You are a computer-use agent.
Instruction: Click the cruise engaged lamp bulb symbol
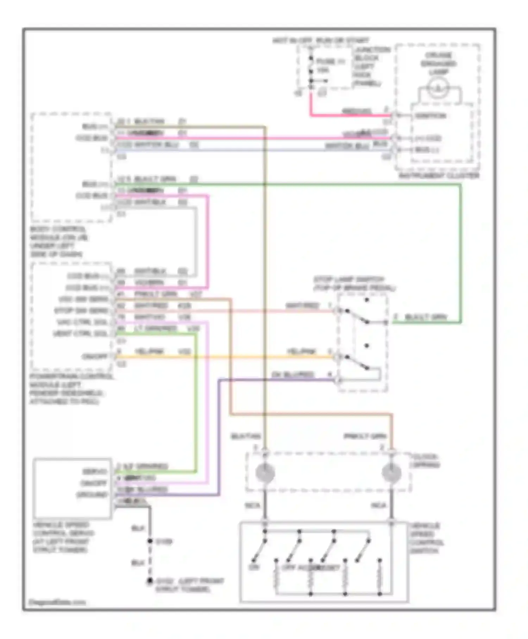pyautogui.click(x=438, y=88)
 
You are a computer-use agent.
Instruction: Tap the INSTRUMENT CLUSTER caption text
pyautogui.click(x=439, y=175)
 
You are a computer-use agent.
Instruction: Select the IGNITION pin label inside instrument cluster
pyautogui.click(x=430, y=116)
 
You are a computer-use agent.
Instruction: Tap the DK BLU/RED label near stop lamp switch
pyautogui.click(x=293, y=374)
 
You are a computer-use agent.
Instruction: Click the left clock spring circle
pyautogui.click(x=265, y=473)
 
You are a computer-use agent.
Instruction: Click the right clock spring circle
pyautogui.click(x=391, y=473)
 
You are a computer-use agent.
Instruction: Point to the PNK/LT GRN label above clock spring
pyautogui.click(x=365, y=436)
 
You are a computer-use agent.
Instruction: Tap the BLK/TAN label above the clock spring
pyautogui.click(x=246, y=436)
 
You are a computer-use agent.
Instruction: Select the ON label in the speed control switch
pyautogui.click(x=253, y=567)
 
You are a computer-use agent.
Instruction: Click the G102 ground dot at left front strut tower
pyautogui.click(x=150, y=581)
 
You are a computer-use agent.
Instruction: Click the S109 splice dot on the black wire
pyautogui.click(x=150, y=541)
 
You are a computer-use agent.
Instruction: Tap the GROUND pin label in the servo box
pyautogui.click(x=92, y=495)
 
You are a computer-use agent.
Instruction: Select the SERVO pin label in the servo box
pyautogui.click(x=94, y=471)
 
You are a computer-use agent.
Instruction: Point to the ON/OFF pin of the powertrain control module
pyautogui.click(x=95, y=356)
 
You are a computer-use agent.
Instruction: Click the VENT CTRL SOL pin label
pyautogui.click(x=80, y=334)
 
